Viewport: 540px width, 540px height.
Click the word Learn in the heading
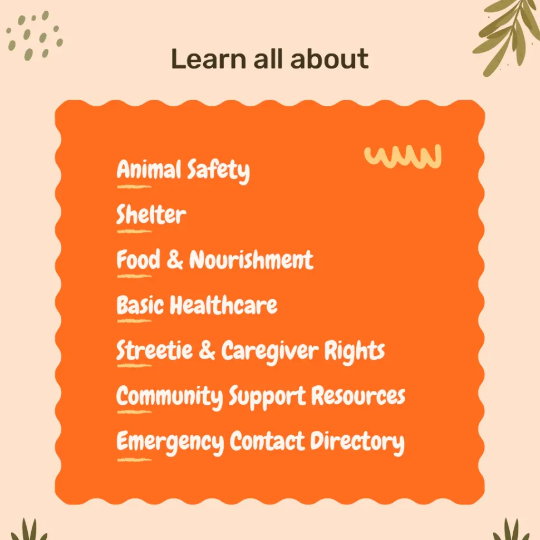pyautogui.click(x=208, y=58)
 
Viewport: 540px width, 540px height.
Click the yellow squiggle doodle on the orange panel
pyautogui.click(x=402, y=156)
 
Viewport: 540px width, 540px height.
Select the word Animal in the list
pyautogui.click(x=149, y=169)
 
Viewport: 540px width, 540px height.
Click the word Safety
pyautogui.click(x=218, y=171)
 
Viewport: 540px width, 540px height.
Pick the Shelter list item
pyautogui.click(x=151, y=214)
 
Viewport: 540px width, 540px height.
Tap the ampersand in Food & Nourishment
pyautogui.click(x=175, y=259)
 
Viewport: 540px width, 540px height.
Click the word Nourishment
pyautogui.click(x=252, y=259)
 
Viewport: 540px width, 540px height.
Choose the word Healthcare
pyautogui.click(x=223, y=305)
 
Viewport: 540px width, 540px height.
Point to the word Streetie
pyautogui.click(x=154, y=350)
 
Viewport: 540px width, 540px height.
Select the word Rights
pyautogui.click(x=355, y=352)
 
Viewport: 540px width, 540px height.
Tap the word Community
pyautogui.click(x=170, y=397)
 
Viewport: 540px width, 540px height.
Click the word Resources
pyautogui.click(x=358, y=396)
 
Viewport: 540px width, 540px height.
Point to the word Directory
pyautogui.click(x=357, y=443)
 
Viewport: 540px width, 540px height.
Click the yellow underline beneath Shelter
pyautogui.click(x=134, y=232)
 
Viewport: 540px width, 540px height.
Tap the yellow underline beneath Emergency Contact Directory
pyautogui.click(x=134, y=460)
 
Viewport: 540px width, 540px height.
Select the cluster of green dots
pyautogui.click(x=35, y=36)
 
